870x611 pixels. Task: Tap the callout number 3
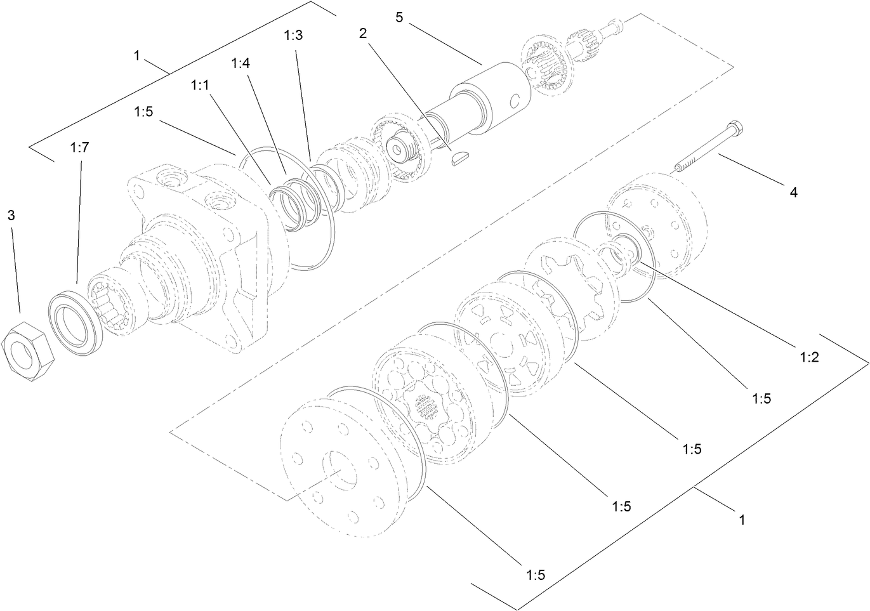(x=11, y=215)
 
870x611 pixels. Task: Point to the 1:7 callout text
(x=79, y=148)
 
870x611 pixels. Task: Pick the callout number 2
(x=363, y=34)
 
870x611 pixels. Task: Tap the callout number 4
(x=793, y=192)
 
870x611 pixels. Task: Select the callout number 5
(x=399, y=17)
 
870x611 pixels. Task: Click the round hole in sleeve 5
(x=516, y=100)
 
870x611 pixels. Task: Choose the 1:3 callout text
(x=293, y=36)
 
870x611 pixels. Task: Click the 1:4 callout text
(x=241, y=63)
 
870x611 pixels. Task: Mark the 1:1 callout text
(x=200, y=85)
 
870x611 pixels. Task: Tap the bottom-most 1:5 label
(x=536, y=575)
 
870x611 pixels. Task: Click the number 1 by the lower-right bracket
(x=741, y=520)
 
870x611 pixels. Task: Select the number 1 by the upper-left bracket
(x=136, y=56)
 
